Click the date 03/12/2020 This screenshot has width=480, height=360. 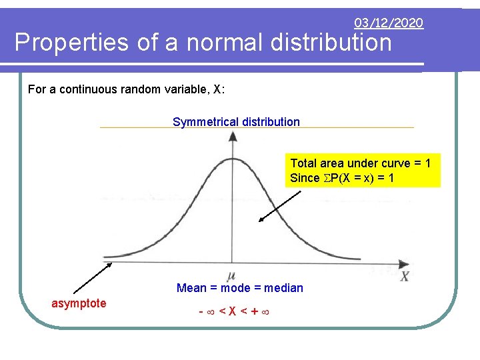point(389,23)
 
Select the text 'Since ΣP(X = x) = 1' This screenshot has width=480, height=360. point(342,179)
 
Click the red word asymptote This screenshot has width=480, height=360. point(79,303)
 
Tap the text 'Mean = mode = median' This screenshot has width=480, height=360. point(239,288)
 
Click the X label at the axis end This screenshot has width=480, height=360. point(404,275)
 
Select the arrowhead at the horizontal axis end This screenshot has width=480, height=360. point(405,263)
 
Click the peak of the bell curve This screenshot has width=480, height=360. point(232,159)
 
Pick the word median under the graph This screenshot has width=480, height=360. point(283,288)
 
